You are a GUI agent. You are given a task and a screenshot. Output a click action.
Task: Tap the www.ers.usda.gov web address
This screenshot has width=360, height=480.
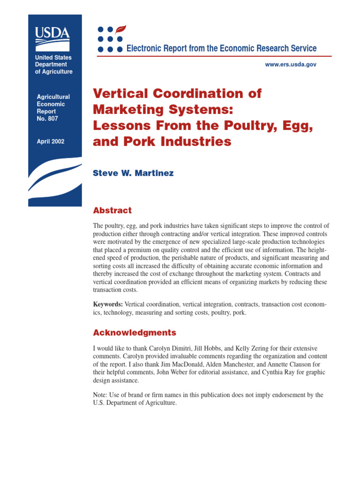coord(291,64)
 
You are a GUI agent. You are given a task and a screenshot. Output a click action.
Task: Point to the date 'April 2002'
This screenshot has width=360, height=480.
coord(51,141)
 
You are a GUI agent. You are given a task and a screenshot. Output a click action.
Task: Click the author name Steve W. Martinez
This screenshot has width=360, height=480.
coord(133,173)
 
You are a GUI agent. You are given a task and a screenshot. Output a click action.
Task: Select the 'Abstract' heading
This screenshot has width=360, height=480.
coord(112,210)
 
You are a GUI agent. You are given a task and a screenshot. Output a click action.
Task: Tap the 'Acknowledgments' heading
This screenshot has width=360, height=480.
coord(135,333)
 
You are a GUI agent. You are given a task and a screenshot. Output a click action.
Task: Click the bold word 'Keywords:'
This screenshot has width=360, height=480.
coord(108,304)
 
